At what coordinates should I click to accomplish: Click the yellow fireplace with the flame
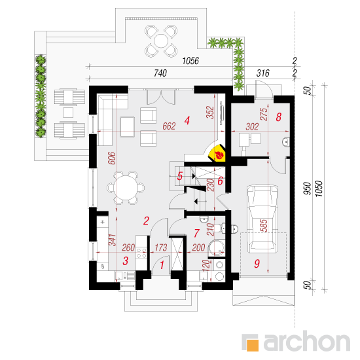click(x=217, y=153)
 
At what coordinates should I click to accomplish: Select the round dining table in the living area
click(x=126, y=188)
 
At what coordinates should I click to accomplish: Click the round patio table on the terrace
click(x=161, y=41)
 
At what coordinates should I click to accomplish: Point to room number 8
click(x=278, y=117)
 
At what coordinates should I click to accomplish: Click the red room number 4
click(x=187, y=120)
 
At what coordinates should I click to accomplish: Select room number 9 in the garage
click(x=257, y=264)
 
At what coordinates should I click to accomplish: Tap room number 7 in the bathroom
click(x=196, y=233)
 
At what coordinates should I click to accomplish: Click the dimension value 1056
click(x=190, y=61)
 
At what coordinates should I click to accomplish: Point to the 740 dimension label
click(x=160, y=73)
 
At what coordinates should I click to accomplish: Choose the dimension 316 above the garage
click(x=262, y=73)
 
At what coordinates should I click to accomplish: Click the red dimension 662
click(x=169, y=126)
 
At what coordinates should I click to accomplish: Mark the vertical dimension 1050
click(x=319, y=189)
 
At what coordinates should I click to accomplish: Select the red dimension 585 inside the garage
click(x=264, y=225)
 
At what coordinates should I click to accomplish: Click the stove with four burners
click(x=141, y=253)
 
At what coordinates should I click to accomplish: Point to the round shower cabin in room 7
click(x=216, y=248)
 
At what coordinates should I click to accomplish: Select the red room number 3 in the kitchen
click(x=126, y=261)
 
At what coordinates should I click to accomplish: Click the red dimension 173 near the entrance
click(x=161, y=247)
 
